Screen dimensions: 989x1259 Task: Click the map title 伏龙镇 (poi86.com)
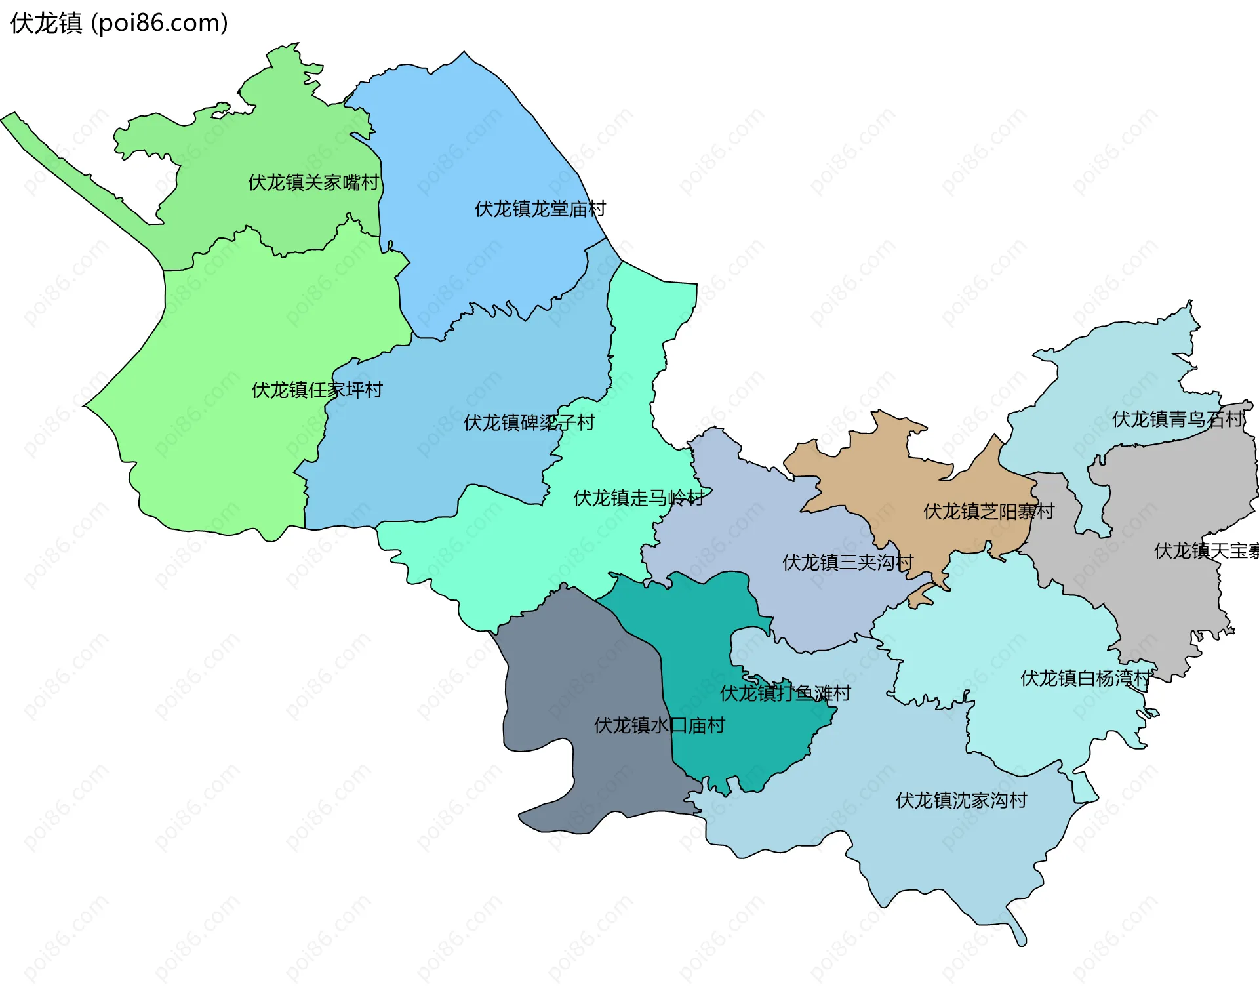click(x=119, y=24)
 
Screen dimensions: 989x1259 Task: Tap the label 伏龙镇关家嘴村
click(x=313, y=182)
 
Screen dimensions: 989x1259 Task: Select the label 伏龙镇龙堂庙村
click(x=540, y=209)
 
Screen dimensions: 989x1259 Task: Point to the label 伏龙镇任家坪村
click(x=317, y=390)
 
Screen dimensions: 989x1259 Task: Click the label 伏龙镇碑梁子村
click(x=529, y=423)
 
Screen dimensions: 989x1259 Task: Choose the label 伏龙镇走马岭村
click(x=639, y=498)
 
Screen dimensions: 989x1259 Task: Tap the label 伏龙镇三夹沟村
click(x=847, y=563)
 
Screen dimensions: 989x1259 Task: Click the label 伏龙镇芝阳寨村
click(x=988, y=512)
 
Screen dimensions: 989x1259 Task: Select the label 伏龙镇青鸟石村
click(x=1177, y=419)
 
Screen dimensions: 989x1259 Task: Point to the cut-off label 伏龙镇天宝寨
click(x=1205, y=551)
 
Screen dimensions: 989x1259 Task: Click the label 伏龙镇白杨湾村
click(x=1085, y=678)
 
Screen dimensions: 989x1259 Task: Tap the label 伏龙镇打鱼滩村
click(x=785, y=693)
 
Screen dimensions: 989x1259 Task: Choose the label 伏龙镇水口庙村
click(x=659, y=725)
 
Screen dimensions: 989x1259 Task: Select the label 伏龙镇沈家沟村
click(x=961, y=800)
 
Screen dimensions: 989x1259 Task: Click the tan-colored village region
click(x=918, y=485)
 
